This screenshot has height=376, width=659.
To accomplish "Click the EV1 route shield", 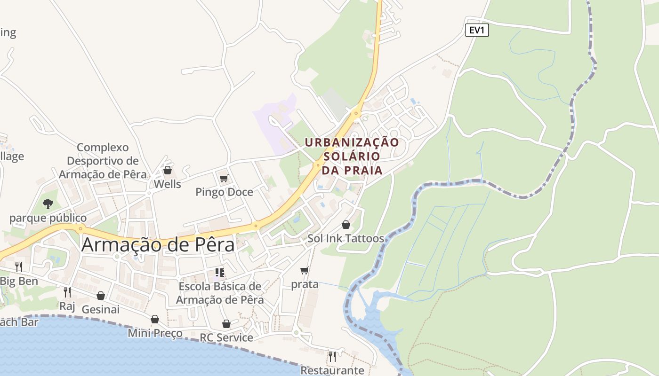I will (x=477, y=31).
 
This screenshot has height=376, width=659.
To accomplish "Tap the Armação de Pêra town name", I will (x=158, y=245).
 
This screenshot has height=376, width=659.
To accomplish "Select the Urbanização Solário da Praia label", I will (x=352, y=156).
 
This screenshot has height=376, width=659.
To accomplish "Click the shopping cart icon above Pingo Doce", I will (x=224, y=179).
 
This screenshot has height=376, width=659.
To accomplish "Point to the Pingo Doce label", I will (x=224, y=192).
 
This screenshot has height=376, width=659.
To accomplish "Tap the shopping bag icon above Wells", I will (x=167, y=170).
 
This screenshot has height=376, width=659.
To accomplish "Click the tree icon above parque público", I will (x=48, y=204).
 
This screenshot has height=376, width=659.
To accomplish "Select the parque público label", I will (x=48, y=218).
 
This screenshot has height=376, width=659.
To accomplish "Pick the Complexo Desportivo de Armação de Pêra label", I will (x=103, y=161).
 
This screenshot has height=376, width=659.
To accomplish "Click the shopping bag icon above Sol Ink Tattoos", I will (x=346, y=225).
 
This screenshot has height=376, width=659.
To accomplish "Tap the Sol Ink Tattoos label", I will (x=346, y=239).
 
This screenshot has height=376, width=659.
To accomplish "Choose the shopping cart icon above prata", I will (x=305, y=270).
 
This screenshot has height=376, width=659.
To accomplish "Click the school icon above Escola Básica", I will (x=219, y=273).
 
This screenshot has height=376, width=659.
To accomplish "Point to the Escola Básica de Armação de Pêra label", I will (x=220, y=293).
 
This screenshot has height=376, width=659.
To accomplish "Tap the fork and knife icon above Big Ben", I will (x=19, y=267).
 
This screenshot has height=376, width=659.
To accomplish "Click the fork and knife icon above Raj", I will (x=67, y=292).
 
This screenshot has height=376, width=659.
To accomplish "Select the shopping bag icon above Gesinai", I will (x=100, y=296).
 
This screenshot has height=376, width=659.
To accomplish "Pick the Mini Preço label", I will (x=155, y=334).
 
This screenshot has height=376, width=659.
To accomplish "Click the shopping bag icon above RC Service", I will (x=226, y=324).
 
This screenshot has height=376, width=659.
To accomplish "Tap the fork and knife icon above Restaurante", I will (x=332, y=356).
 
